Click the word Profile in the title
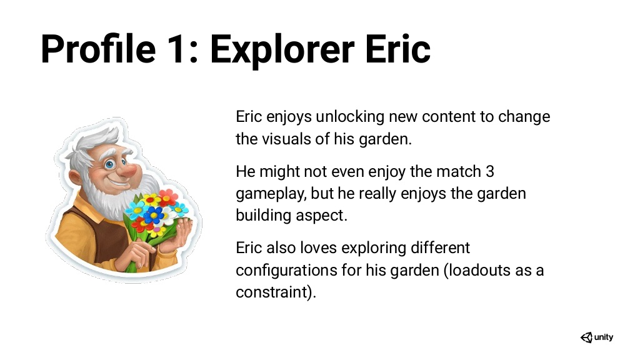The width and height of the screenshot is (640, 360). (98, 49)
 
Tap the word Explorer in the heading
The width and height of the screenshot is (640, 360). (282, 51)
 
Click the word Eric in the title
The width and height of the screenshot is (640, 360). (397, 49)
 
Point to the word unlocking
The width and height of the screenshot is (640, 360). (350, 117)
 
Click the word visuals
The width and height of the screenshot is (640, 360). (286, 139)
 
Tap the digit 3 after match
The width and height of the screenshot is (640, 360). (490, 172)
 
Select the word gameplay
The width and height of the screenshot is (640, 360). (271, 194)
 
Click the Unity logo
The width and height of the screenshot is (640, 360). (597, 337)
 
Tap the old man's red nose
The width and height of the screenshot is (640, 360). (130, 170)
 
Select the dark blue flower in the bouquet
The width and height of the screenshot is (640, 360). (154, 215)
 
